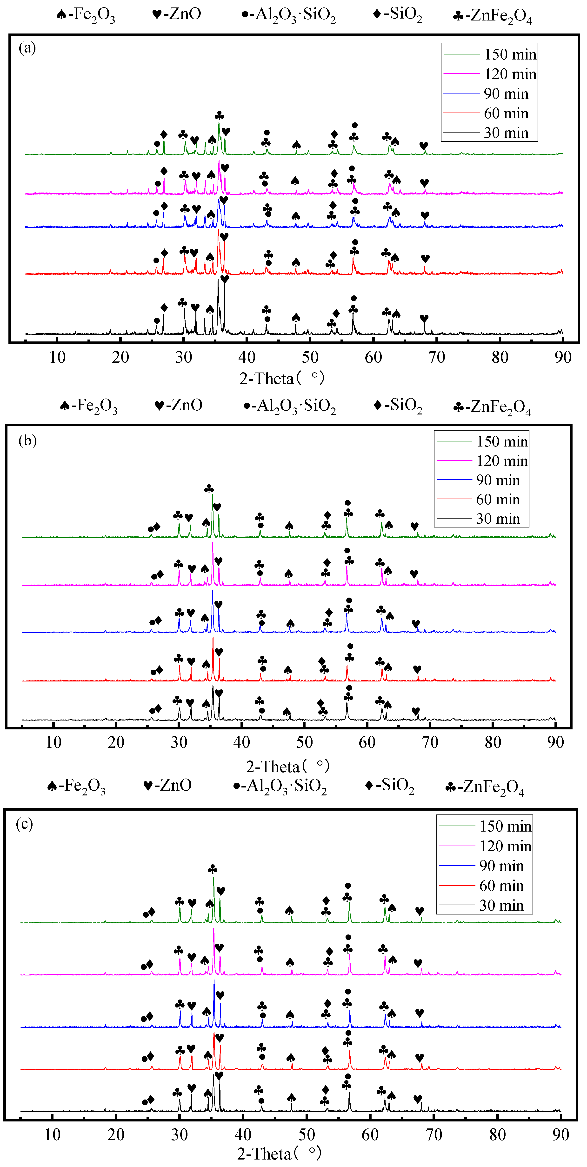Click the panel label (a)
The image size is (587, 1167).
point(27,47)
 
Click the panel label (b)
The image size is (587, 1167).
point(27,440)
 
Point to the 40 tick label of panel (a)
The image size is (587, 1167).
point(247,357)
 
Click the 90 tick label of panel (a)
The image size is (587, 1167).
point(563,357)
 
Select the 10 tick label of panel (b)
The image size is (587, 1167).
point(53,742)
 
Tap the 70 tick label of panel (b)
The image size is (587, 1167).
point(430,742)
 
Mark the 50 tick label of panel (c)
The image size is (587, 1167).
point(307,1135)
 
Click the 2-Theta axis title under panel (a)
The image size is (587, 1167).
point(282,378)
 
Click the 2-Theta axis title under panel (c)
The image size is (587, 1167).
point(280,1154)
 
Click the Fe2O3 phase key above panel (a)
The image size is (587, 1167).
point(86,15)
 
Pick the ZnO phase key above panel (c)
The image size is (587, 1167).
point(167,785)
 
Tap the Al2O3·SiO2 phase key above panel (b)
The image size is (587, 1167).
point(290,406)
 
